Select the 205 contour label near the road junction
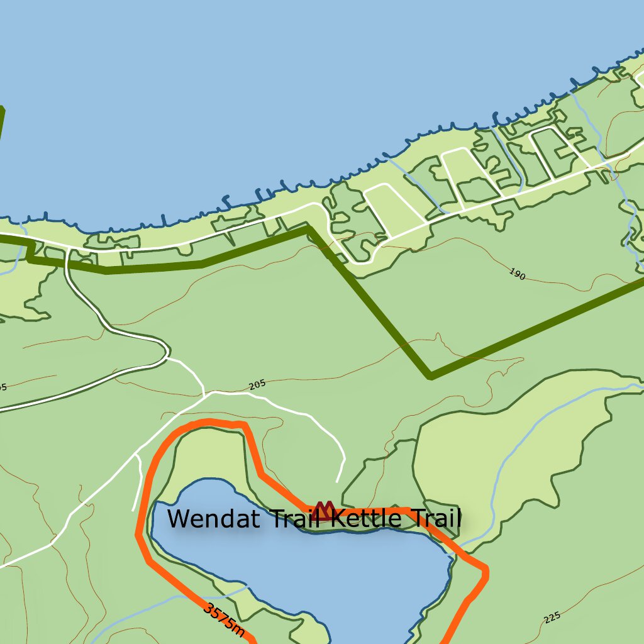[x=257, y=384]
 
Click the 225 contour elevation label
[x=552, y=618]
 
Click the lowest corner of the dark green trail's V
[x=431, y=376]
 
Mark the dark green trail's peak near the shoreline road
[x=308, y=228]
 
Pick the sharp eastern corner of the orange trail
[x=485, y=571]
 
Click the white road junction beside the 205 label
[x=208, y=394]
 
